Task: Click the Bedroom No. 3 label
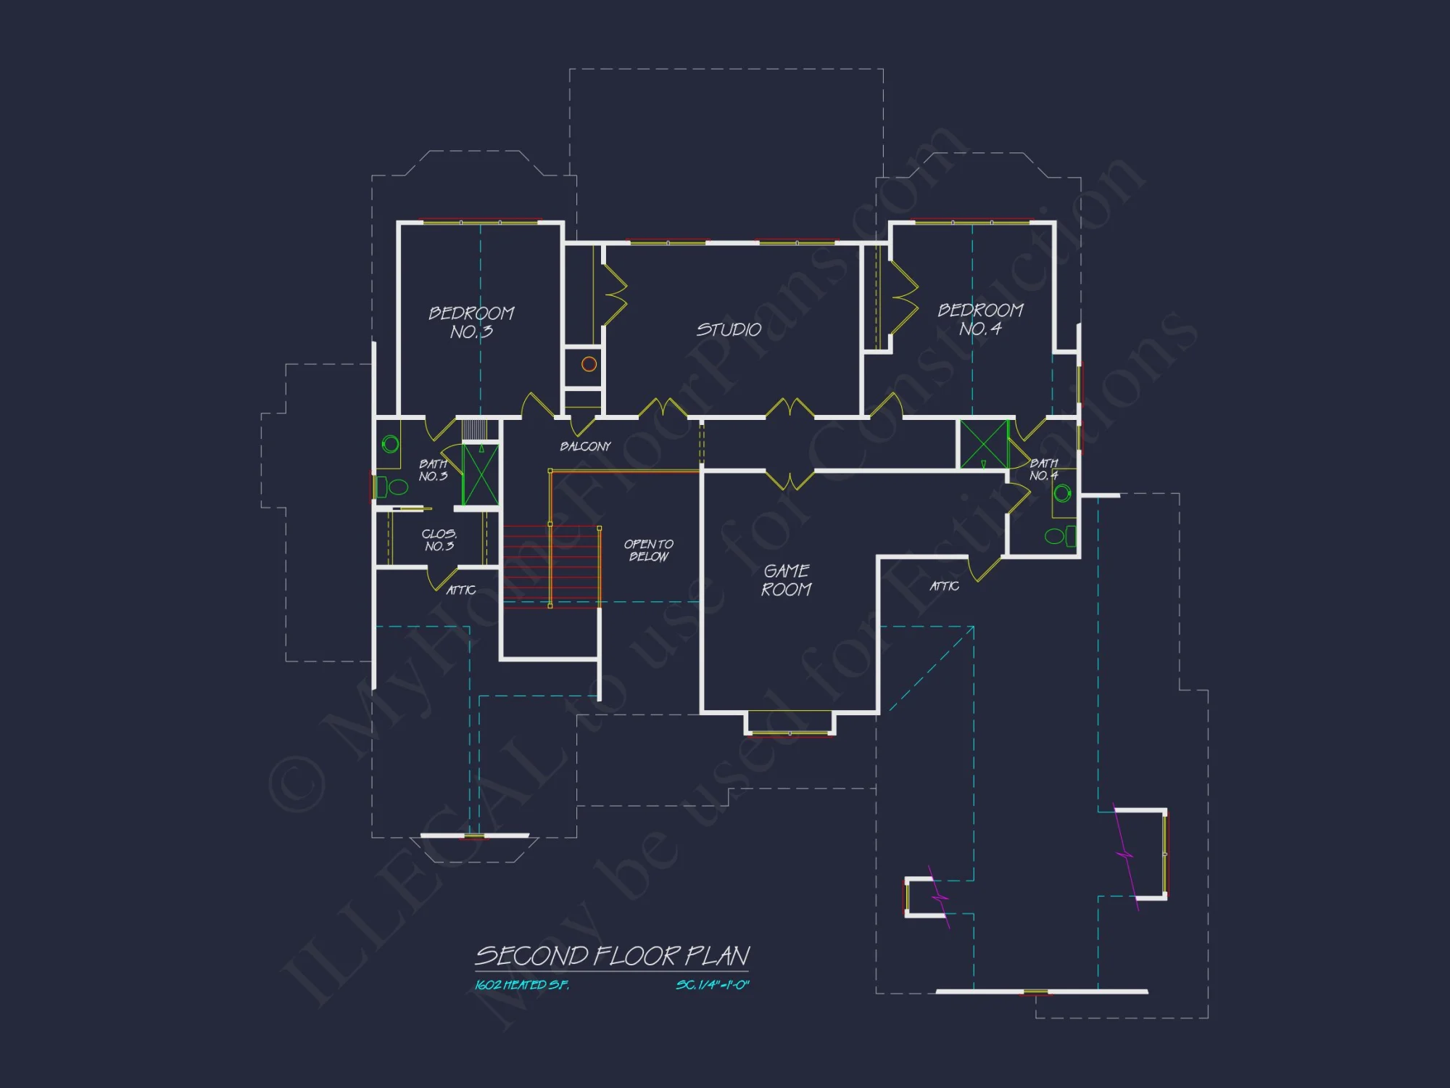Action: click(x=471, y=323)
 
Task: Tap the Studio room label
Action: click(x=729, y=330)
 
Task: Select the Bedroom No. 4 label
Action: click(x=980, y=319)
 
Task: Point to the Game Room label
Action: click(x=787, y=580)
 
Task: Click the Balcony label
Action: click(x=585, y=446)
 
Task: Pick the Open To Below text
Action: click(x=648, y=550)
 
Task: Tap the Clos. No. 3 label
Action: click(x=439, y=540)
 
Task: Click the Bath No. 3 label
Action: click(x=433, y=470)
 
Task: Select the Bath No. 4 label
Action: click(x=1044, y=469)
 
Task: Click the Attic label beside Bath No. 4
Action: click(x=945, y=586)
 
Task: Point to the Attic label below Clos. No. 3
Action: click(x=461, y=590)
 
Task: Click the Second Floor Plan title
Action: click(x=613, y=956)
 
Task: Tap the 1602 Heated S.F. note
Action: click(x=522, y=985)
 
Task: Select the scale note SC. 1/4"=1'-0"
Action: click(x=713, y=985)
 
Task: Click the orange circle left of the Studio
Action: click(x=589, y=364)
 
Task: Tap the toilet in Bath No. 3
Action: click(x=394, y=487)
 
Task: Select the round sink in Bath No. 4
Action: click(x=1063, y=494)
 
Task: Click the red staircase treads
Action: click(x=551, y=566)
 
